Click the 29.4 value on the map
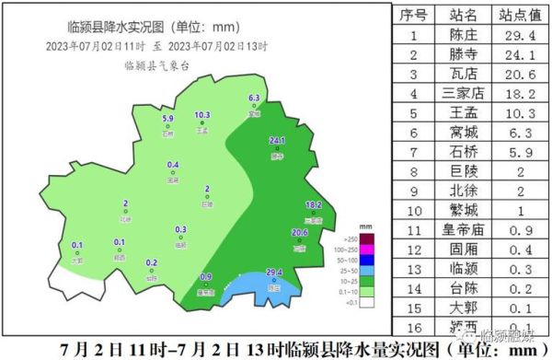point(273,273)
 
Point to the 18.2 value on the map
point(313,204)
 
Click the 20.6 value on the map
point(299,233)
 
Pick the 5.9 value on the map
point(167,119)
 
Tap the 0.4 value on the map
point(173,166)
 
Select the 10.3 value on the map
point(202,116)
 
